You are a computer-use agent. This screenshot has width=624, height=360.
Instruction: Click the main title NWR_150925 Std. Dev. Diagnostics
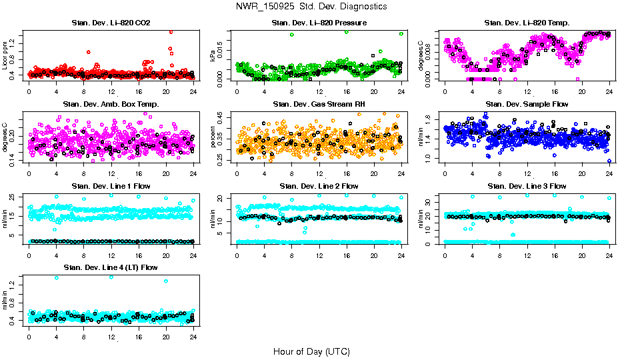click(x=311, y=7)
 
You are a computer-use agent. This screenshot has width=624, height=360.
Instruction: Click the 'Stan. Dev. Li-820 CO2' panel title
click(x=111, y=23)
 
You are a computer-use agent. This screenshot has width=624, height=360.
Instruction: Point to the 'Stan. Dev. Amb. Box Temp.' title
click(x=111, y=105)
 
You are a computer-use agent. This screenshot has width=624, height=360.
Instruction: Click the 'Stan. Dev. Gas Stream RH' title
click(x=319, y=105)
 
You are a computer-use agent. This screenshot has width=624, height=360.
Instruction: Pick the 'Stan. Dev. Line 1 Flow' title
click(x=111, y=186)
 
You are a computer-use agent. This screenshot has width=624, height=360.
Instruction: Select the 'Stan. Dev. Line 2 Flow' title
click(x=319, y=186)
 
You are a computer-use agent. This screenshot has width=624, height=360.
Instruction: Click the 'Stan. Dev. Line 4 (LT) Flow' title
click(x=111, y=267)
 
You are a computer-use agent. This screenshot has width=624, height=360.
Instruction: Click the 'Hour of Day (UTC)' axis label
click(x=311, y=351)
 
